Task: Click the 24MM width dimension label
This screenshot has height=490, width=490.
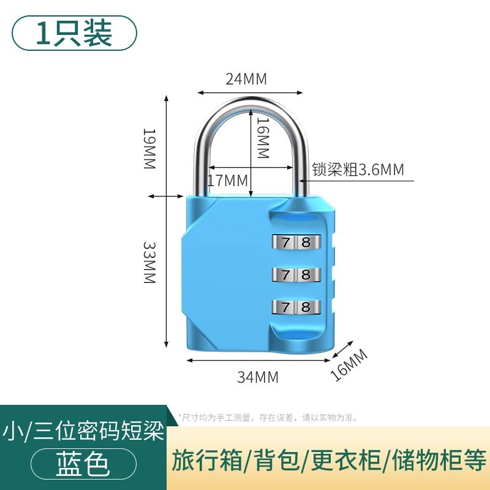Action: click(247, 79)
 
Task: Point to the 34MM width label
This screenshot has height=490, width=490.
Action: click(258, 377)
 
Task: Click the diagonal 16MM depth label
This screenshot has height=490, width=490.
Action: click(349, 364)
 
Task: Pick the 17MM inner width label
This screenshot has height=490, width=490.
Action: click(227, 181)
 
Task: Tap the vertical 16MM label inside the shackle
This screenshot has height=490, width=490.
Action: click(262, 138)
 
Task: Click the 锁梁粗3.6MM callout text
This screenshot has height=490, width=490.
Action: click(358, 169)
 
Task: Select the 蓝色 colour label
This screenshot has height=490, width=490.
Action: click(82, 464)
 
